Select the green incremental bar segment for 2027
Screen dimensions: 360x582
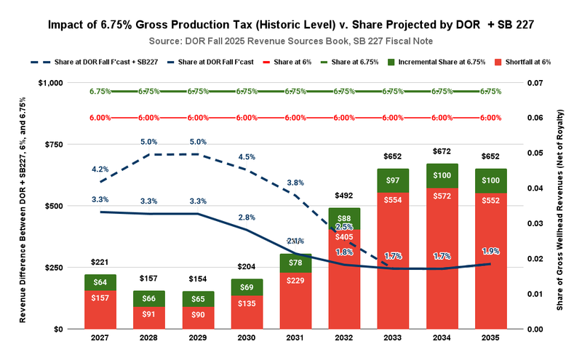pos(100,282)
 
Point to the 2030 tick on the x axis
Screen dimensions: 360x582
pos(246,340)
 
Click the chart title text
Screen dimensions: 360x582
pos(291,25)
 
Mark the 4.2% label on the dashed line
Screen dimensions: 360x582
pos(100,169)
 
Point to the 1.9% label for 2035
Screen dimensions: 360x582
pos(491,251)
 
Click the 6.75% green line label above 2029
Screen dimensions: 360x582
pos(197,92)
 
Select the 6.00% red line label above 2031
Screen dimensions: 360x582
pos(295,117)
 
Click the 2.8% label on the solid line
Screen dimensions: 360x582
pos(246,217)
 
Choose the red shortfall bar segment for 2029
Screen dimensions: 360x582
pos(197,315)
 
